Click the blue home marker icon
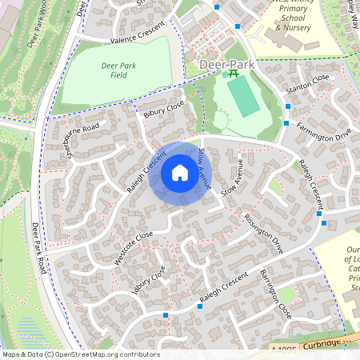point(180,174)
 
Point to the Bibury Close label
point(164,110)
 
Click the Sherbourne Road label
point(83,138)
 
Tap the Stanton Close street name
point(310,78)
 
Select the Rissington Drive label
point(264,233)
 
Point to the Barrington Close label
point(275,294)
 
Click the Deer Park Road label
point(35,244)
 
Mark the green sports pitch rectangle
point(242,96)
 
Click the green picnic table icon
point(234,74)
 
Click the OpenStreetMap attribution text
point(81,354)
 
